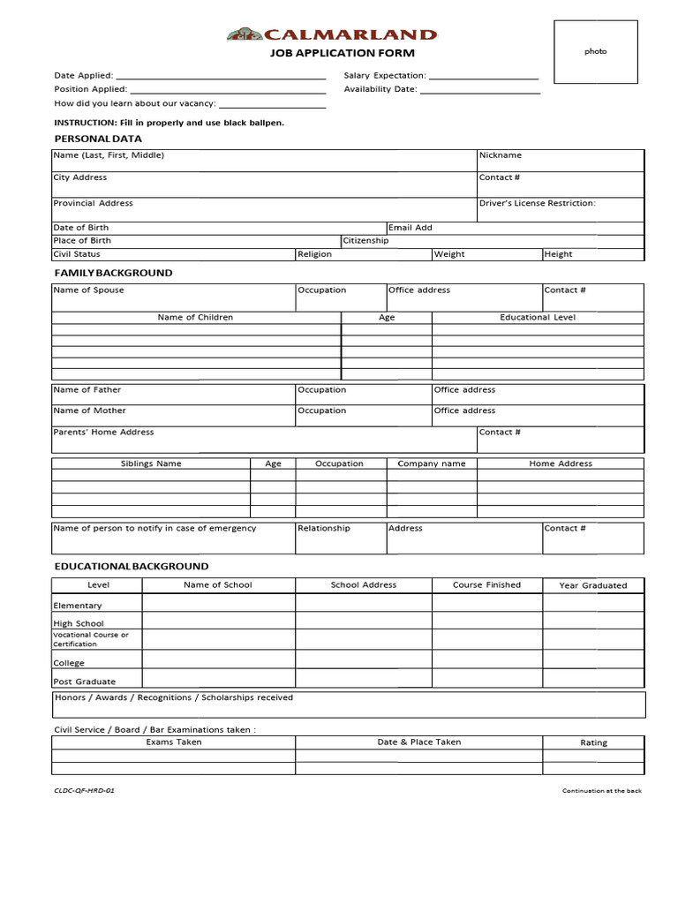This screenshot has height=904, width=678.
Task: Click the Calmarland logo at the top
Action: click(332, 35)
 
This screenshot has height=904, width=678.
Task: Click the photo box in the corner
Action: click(595, 52)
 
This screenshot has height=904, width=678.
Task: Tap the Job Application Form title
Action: click(342, 53)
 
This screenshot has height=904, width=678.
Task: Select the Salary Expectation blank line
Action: click(483, 77)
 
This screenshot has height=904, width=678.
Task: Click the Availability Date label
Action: click(380, 89)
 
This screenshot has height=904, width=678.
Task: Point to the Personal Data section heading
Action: click(98, 139)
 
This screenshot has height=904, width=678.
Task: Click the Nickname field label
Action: click(501, 155)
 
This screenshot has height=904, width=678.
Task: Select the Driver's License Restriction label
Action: click(537, 203)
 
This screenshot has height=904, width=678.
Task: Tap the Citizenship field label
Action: click(365, 240)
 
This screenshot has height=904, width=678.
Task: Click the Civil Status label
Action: click(77, 254)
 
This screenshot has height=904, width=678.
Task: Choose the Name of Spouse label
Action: click(89, 290)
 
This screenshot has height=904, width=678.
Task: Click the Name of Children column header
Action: click(195, 317)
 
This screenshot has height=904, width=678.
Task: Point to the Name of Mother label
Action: click(90, 411)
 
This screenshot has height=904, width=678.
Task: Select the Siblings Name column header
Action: click(151, 463)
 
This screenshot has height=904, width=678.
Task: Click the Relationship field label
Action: click(324, 528)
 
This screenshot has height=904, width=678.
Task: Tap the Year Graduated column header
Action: click(592, 585)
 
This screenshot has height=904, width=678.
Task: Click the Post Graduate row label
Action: click(85, 682)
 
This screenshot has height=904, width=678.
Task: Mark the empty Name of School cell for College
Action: click(218, 659)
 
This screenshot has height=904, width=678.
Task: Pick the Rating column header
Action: click(593, 742)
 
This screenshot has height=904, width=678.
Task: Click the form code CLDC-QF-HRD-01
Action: click(85, 790)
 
